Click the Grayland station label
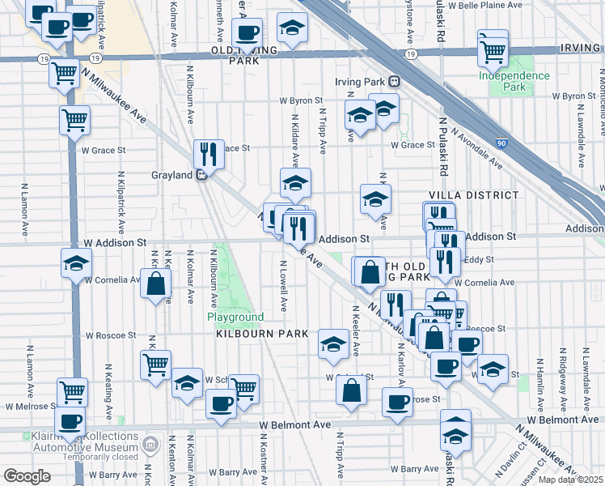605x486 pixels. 171,174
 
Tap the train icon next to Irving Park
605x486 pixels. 395,81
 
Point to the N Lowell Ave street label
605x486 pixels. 284,286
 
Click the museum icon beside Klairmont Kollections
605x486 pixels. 150,443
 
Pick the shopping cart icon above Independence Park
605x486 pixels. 493,51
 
